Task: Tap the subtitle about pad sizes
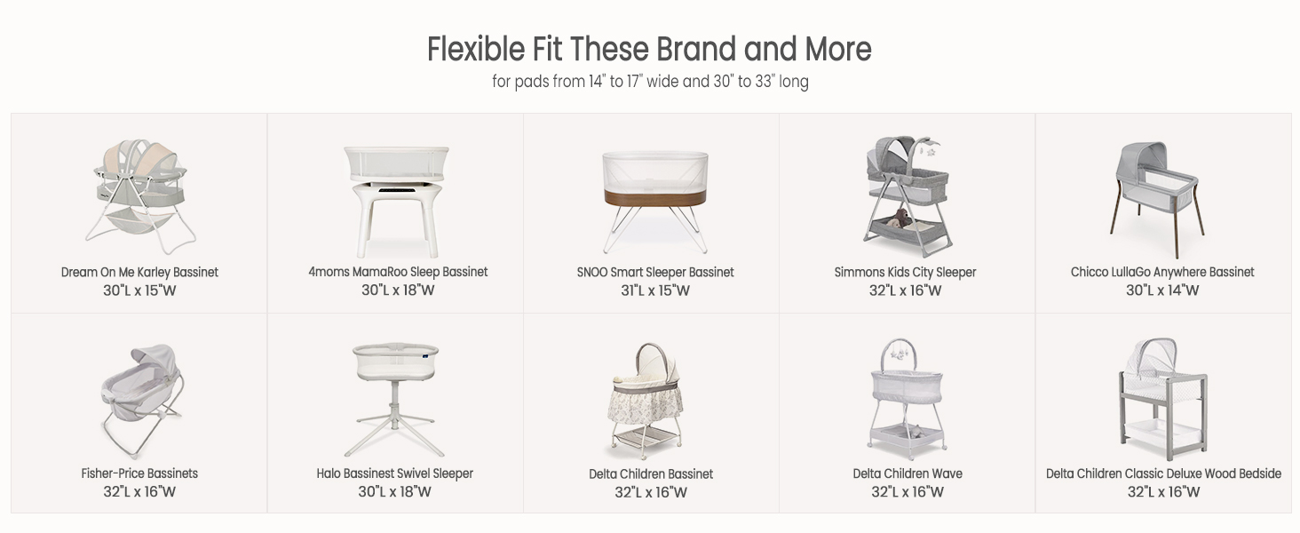650,82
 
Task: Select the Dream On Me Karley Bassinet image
140,196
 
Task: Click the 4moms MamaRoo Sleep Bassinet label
398,272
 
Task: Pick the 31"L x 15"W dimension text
655,290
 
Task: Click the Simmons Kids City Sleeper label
905,273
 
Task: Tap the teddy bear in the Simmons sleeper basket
900,219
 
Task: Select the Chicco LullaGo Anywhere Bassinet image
1159,200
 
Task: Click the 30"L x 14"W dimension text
1161,290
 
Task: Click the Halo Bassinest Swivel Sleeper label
394,473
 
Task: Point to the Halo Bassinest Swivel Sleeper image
395,400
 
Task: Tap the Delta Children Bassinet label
651,474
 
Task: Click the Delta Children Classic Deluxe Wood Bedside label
1163,473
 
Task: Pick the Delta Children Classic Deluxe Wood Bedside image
1163,400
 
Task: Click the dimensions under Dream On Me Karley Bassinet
139,290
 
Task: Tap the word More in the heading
837,49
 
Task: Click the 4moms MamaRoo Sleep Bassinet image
396,201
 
